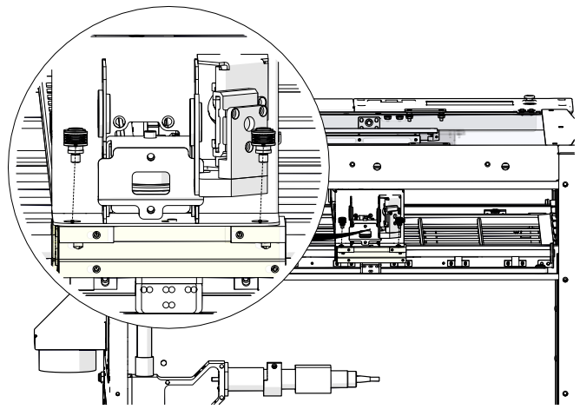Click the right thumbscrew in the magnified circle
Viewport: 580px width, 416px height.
262,139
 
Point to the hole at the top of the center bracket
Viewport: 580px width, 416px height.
151,157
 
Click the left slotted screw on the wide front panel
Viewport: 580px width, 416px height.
377,165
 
